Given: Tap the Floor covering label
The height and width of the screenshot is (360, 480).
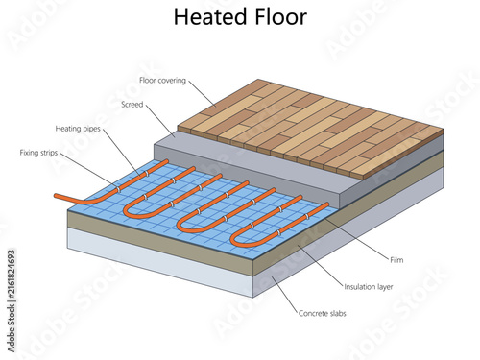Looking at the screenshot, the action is pyautogui.click(x=162, y=81).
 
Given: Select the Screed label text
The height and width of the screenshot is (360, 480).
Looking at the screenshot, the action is pyautogui.click(x=132, y=105).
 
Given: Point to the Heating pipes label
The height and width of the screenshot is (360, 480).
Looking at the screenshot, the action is pyautogui.click(x=78, y=129).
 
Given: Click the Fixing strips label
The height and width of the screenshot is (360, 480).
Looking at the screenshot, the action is pyautogui.click(x=38, y=153).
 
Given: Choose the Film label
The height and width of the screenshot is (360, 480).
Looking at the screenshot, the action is pyautogui.click(x=396, y=260).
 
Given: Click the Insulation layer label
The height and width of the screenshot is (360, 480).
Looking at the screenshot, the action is pyautogui.click(x=369, y=287).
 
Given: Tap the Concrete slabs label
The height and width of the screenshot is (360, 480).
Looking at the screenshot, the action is pyautogui.click(x=323, y=313).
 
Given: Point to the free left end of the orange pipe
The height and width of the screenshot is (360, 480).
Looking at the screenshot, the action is pyautogui.click(x=56, y=195).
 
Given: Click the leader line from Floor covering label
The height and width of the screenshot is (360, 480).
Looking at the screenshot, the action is pyautogui.click(x=203, y=93).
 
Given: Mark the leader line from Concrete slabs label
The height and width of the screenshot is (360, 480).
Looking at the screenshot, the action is pyautogui.click(x=284, y=295).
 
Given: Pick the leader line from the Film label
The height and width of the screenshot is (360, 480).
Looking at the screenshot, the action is pyautogui.click(x=357, y=239).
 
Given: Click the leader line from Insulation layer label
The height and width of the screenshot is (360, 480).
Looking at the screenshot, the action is pyautogui.click(x=320, y=265).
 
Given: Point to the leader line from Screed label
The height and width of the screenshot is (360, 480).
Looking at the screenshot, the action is pyautogui.click(x=160, y=121).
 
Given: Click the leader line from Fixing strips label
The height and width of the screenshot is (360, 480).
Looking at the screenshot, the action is pyautogui.click(x=88, y=171).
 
